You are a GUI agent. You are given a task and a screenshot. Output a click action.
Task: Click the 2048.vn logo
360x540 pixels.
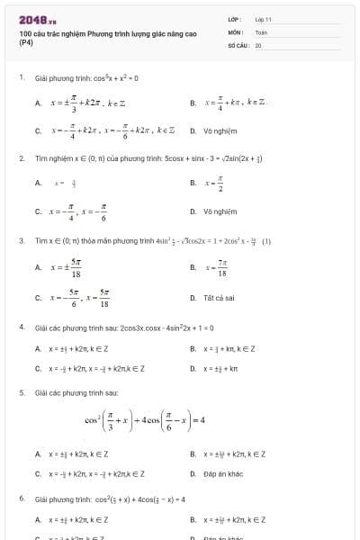pos(34,20)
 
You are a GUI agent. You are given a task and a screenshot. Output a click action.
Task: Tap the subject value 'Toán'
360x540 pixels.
pos(261,31)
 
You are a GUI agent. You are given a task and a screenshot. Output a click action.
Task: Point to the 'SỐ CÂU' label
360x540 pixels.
pos(237,44)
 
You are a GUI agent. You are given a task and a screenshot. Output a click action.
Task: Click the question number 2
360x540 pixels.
pos(21,157)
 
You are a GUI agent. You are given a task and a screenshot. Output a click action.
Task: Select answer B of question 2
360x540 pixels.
pos(213,184)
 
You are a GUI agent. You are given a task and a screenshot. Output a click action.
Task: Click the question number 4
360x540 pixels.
pos(21,327)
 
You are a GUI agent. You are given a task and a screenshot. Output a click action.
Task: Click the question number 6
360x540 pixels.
pos(21,498)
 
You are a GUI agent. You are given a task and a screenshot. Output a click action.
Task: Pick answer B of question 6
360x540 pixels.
pos(234,519)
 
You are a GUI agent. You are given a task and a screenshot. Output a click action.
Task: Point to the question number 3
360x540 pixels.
pos(21,240)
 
